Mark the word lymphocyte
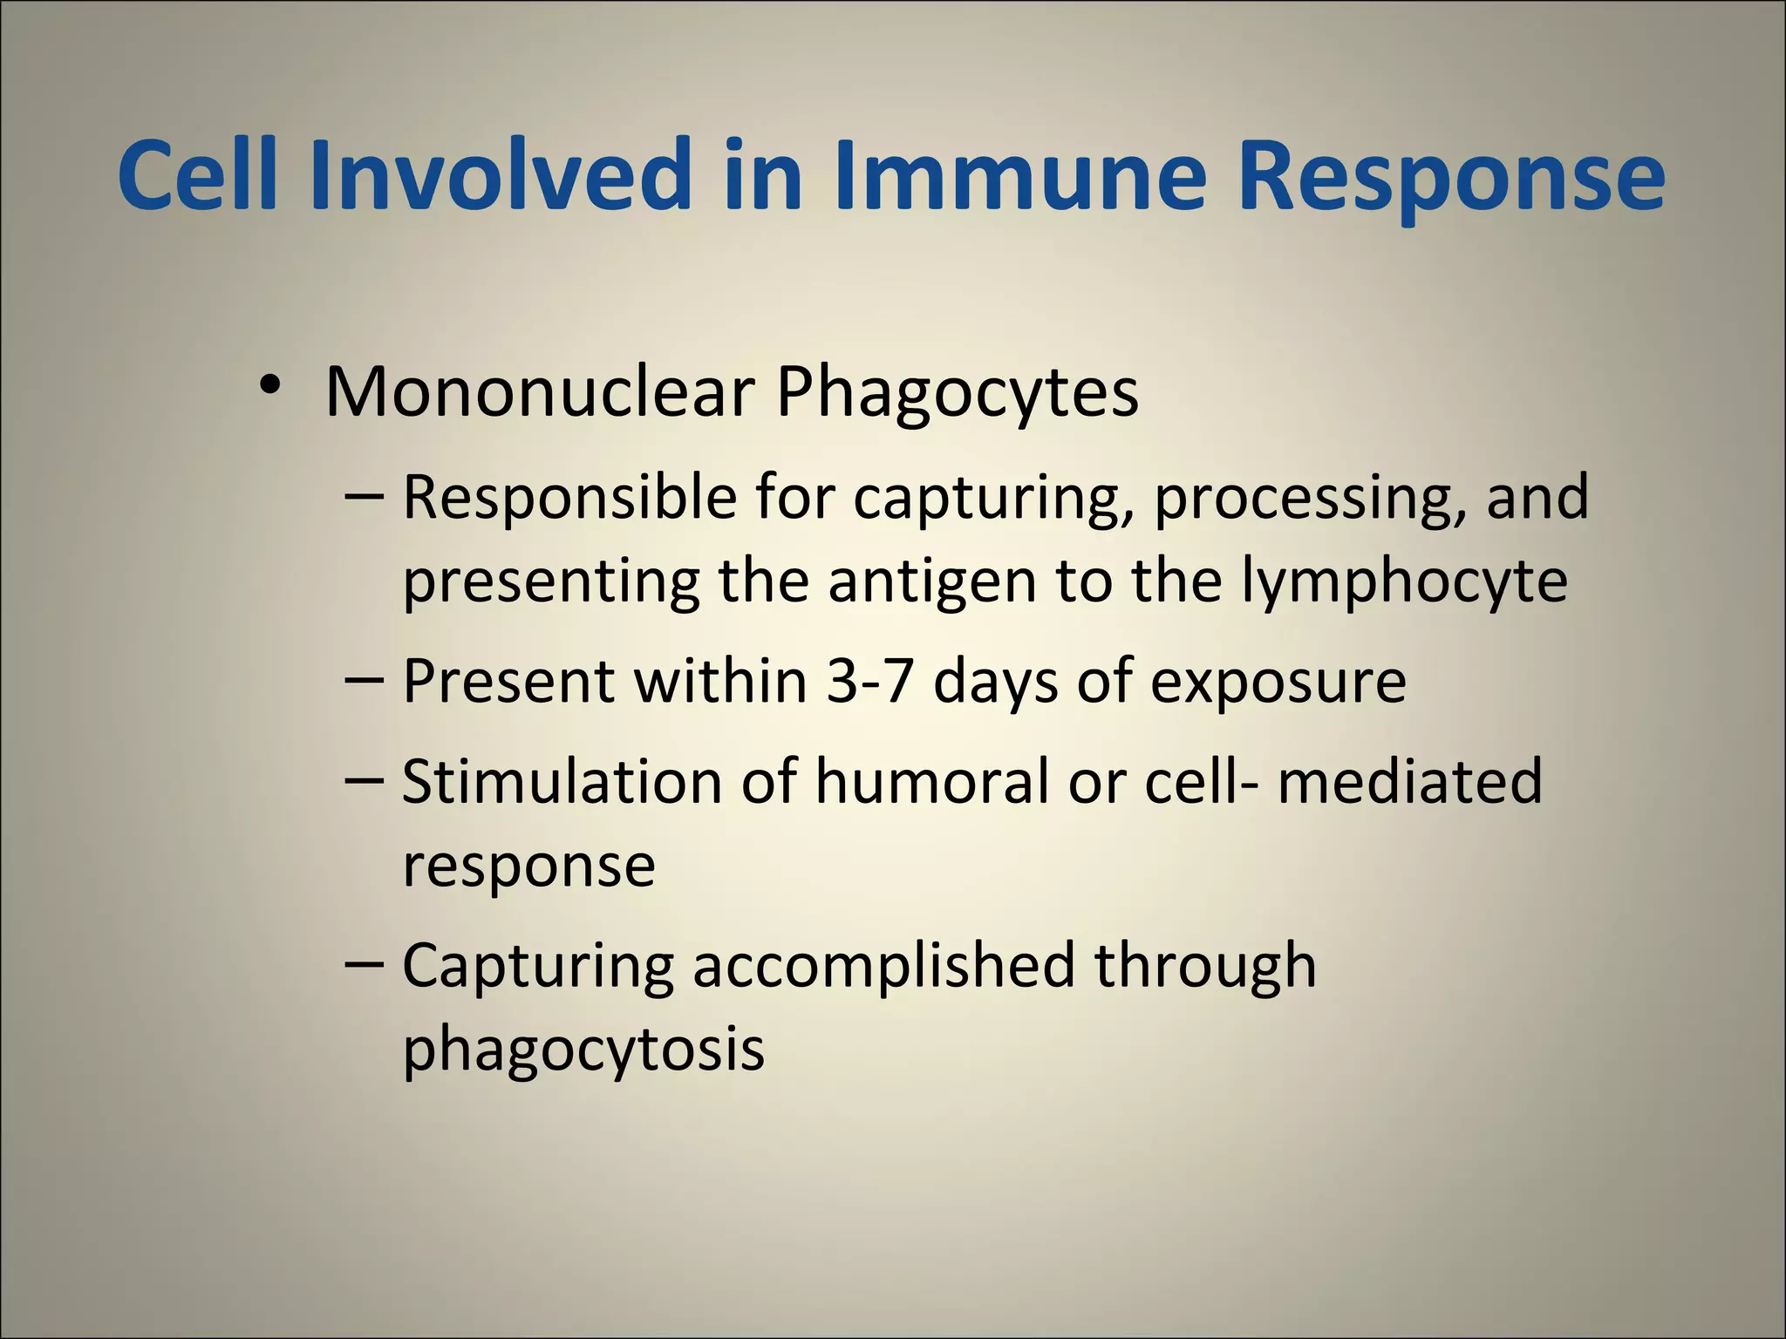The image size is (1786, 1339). click(x=1404, y=584)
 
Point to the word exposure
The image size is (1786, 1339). click(x=1278, y=684)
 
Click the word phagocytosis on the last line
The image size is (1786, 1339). click(x=583, y=1051)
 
